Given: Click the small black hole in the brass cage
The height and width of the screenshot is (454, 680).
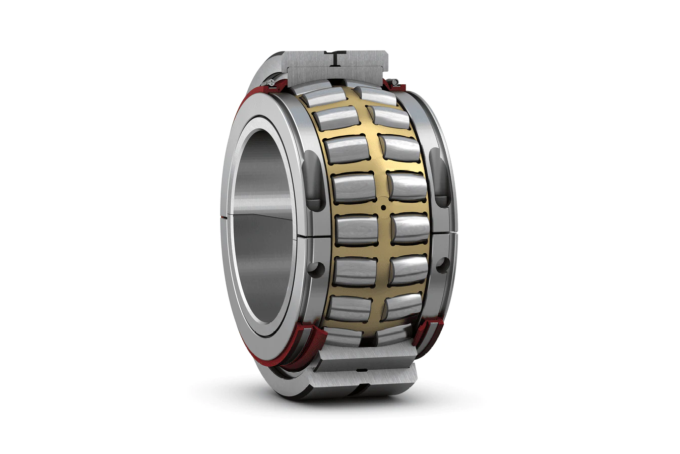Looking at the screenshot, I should point(383,207).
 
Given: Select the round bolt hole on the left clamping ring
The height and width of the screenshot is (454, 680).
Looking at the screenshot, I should point(316,268).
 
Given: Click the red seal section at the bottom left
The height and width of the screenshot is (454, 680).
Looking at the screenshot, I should point(302,343).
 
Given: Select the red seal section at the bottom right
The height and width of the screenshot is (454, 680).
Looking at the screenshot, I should point(428,330).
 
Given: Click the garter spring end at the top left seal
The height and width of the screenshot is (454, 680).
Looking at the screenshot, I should point(272,82).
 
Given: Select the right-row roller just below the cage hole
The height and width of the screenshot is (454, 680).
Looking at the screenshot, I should point(411,228).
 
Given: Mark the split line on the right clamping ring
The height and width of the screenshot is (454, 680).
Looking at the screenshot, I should point(451,233).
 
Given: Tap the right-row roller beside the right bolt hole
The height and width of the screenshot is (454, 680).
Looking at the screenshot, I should point(409,270).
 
